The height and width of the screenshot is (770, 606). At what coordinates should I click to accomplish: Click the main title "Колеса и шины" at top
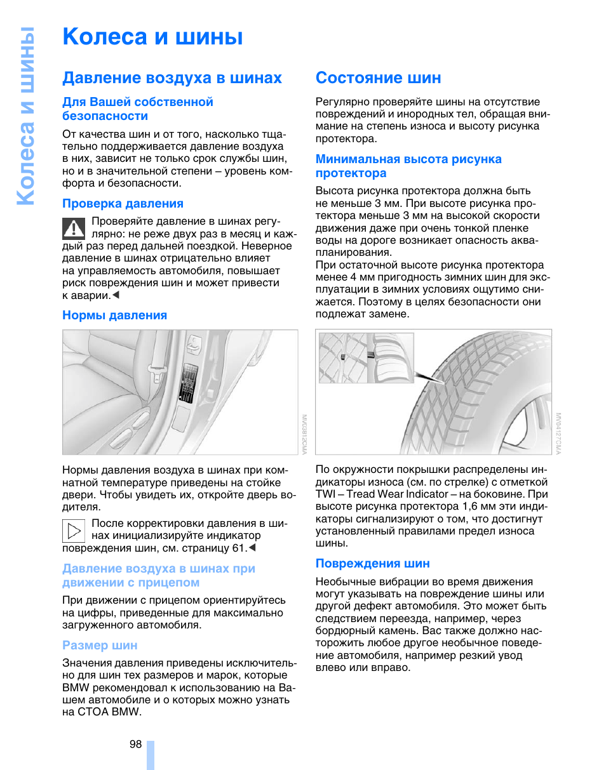click(x=152, y=37)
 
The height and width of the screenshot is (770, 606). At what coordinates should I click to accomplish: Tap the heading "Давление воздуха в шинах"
click(x=172, y=78)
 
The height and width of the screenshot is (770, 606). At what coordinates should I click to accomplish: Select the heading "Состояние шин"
click(x=378, y=78)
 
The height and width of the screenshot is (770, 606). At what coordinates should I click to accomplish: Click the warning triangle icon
click(x=74, y=227)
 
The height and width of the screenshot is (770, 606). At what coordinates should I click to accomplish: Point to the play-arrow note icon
click(x=74, y=529)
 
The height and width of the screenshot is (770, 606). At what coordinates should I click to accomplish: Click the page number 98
click(x=135, y=745)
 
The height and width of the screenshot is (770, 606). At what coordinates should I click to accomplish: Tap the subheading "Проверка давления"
click(x=123, y=204)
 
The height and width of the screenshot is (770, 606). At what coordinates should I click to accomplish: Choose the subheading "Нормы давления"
click(x=114, y=315)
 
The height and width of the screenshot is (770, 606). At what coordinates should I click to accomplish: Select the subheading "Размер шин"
click(x=100, y=646)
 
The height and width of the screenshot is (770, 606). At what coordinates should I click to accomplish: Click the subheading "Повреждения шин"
click(x=372, y=564)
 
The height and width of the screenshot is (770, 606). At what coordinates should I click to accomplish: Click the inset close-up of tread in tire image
click(x=366, y=357)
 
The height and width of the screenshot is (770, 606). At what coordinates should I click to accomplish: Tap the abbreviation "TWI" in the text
click(x=327, y=494)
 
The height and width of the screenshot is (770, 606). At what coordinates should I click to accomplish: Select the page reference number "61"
click(x=239, y=548)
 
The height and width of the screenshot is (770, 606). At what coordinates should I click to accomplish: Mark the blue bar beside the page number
click(x=151, y=754)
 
